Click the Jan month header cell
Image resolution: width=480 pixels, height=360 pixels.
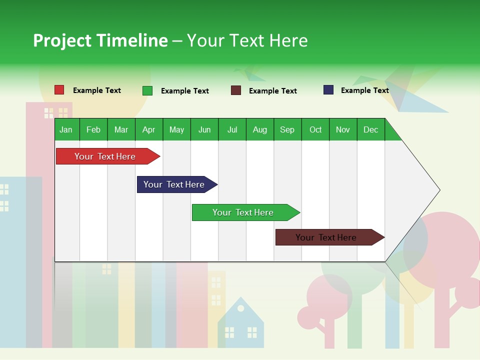coord(66,129)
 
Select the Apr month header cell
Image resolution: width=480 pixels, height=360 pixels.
coord(148,129)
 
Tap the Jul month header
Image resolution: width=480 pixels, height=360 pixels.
coord(232,129)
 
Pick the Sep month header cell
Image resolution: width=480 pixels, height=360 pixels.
coord(287,129)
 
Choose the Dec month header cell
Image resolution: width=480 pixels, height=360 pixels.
coord(370,129)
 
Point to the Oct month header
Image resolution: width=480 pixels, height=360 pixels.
coord(315,129)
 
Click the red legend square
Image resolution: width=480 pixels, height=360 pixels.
coord(59,90)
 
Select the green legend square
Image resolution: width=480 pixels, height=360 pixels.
coord(147,90)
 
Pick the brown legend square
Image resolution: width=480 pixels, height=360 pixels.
coord(236,90)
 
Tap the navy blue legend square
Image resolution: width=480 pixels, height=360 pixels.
coord(328,90)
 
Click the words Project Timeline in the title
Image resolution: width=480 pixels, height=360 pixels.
coord(100,40)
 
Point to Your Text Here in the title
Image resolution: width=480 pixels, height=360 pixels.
coord(247,40)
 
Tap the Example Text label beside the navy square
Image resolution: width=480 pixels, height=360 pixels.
coord(364,90)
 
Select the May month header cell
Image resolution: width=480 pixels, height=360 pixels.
coord(176,129)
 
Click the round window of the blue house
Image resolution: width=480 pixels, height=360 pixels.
coord(240,308)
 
